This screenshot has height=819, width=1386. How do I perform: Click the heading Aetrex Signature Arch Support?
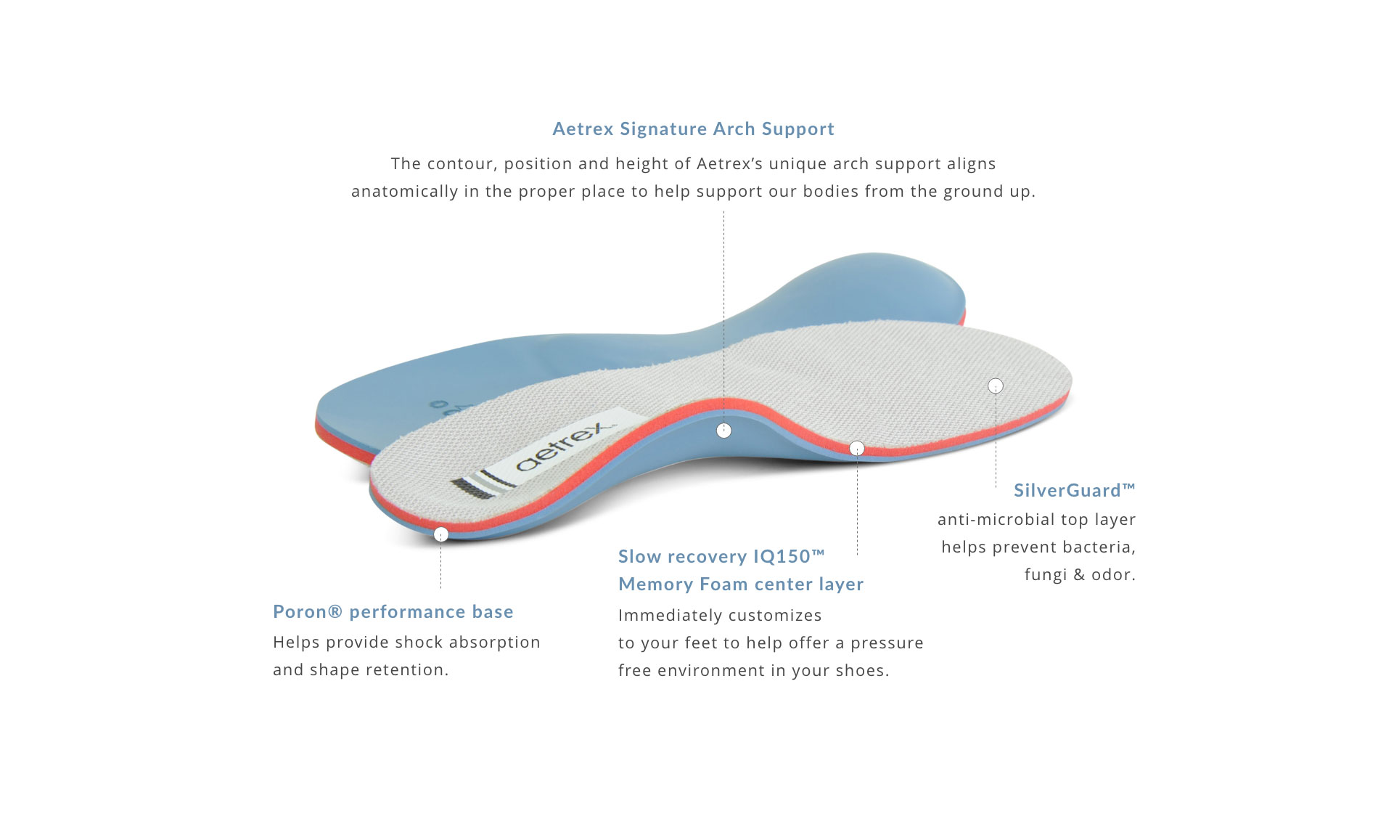click(x=693, y=129)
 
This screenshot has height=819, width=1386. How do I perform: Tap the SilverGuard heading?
click(x=1074, y=491)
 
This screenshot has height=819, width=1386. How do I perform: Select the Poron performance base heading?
click(x=393, y=612)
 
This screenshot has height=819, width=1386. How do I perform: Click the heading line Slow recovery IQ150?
click(x=721, y=557)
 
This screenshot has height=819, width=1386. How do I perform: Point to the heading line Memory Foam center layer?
click(x=741, y=584)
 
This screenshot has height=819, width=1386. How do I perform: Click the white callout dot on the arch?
click(x=723, y=431)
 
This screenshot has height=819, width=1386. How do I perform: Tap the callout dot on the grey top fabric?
click(x=996, y=386)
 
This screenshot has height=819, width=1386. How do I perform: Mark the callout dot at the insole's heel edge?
click(x=441, y=535)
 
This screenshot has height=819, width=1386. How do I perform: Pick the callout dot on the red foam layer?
click(x=857, y=449)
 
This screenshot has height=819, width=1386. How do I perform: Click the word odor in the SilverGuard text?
click(x=1113, y=575)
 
